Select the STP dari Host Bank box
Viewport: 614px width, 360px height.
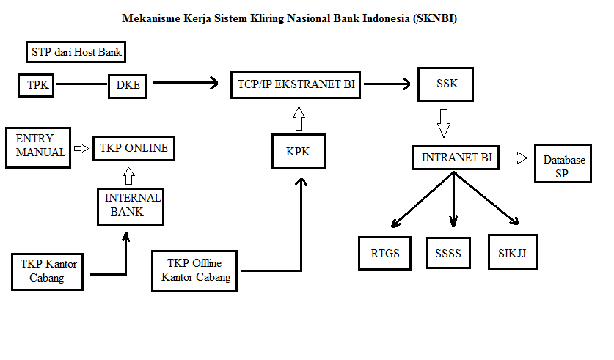76,52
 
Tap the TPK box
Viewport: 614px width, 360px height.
37,85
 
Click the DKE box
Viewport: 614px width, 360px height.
128,86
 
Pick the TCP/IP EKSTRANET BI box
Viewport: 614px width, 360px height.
296,84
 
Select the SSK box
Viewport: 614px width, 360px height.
447,84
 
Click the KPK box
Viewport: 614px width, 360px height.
298,152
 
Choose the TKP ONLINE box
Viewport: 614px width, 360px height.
134,149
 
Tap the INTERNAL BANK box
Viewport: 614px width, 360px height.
131,205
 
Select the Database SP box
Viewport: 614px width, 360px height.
563,166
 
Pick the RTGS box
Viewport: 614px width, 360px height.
384,254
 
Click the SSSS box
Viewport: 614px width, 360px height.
448,254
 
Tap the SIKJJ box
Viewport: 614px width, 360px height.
512,253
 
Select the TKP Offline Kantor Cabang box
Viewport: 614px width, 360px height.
194,270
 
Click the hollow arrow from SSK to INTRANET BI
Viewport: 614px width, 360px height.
443,122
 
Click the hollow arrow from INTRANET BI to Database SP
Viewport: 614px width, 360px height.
517,158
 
